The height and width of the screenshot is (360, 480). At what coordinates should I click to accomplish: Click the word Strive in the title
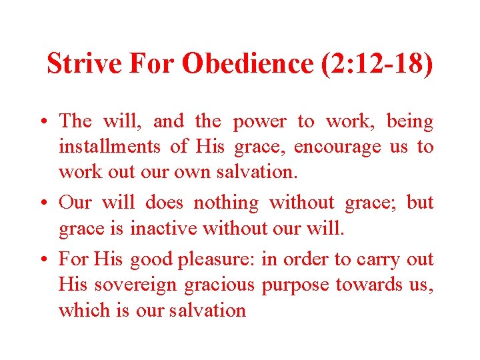85,63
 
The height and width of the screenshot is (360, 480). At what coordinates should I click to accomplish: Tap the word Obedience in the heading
245,63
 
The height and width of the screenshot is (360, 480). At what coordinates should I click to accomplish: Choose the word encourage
337,147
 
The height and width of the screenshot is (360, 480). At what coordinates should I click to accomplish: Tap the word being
410,122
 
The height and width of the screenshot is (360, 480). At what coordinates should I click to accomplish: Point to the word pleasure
215,259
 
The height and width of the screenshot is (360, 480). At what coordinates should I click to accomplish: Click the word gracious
219,285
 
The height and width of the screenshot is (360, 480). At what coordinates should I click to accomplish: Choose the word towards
365,285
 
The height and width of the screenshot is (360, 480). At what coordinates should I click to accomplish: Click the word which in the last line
85,310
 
